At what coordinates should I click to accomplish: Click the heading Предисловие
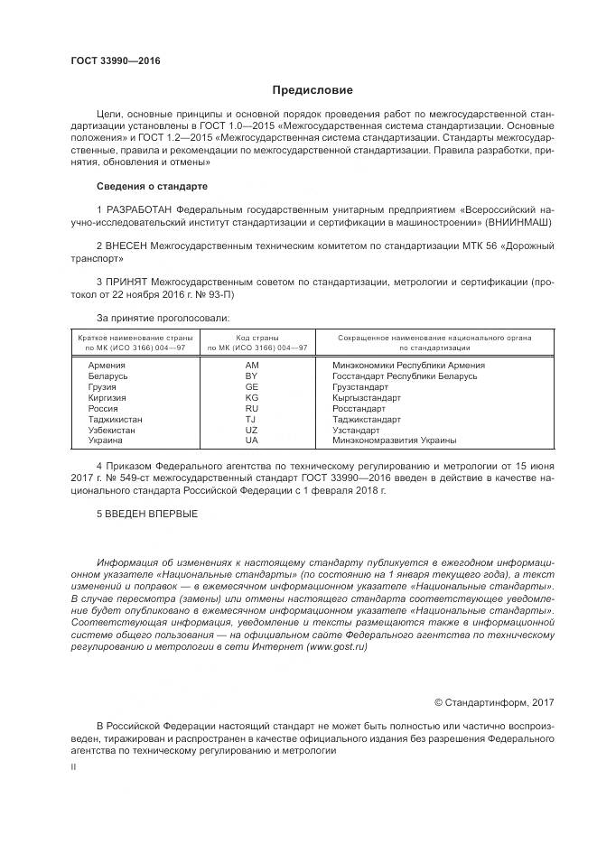coord(312,90)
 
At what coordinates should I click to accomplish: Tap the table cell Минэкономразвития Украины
coord(394,441)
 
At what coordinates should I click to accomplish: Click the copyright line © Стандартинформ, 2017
coord(494,702)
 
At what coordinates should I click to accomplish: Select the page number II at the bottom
coord(73,765)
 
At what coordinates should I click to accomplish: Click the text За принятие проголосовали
coord(163,317)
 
